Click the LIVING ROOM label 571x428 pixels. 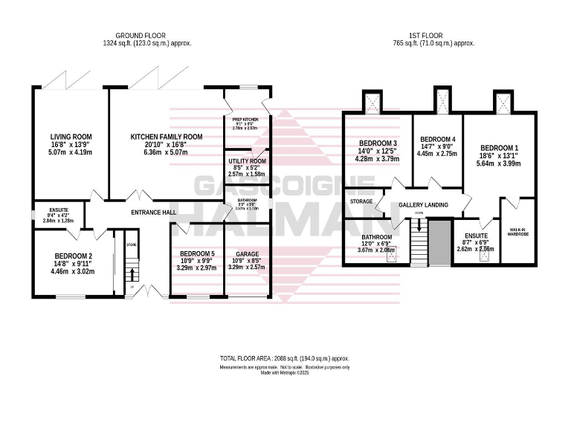click(x=71, y=137)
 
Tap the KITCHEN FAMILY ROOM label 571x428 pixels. click(x=166, y=137)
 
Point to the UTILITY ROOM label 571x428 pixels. click(x=247, y=161)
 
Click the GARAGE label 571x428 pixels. click(x=247, y=254)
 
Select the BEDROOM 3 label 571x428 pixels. click(x=378, y=143)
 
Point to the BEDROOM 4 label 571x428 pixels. click(x=437, y=140)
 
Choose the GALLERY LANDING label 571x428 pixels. click(x=422, y=205)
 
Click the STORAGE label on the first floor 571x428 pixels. click(x=361, y=201)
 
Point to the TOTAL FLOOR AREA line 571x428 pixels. click(x=285, y=358)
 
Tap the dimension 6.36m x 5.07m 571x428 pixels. click(x=166, y=152)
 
